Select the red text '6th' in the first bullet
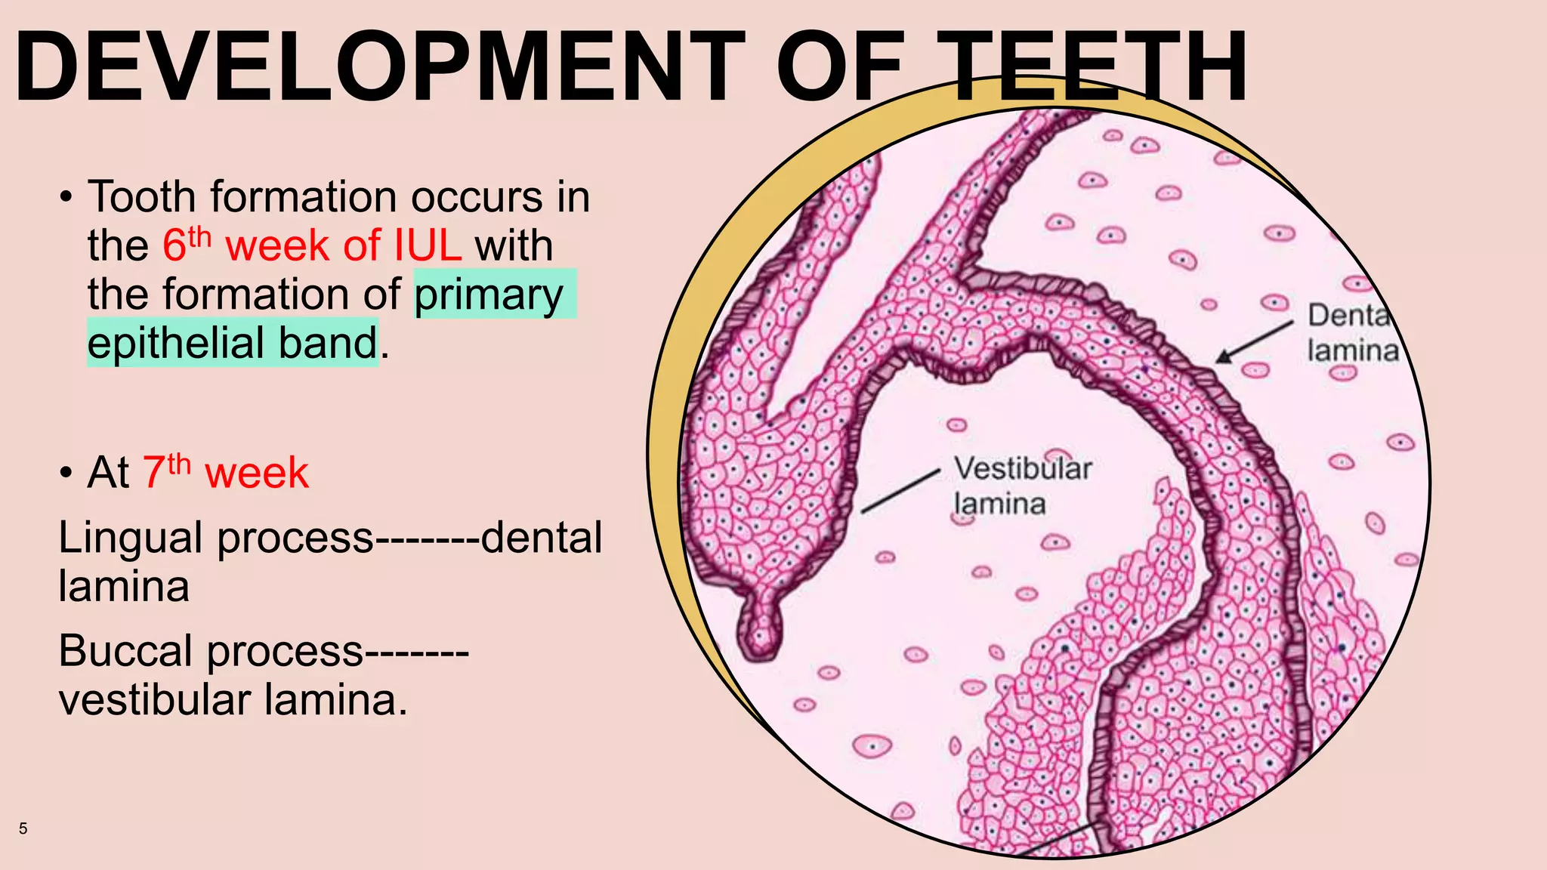point(186,245)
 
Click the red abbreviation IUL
point(427,245)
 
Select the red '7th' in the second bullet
point(166,472)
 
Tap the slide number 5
point(23,828)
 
